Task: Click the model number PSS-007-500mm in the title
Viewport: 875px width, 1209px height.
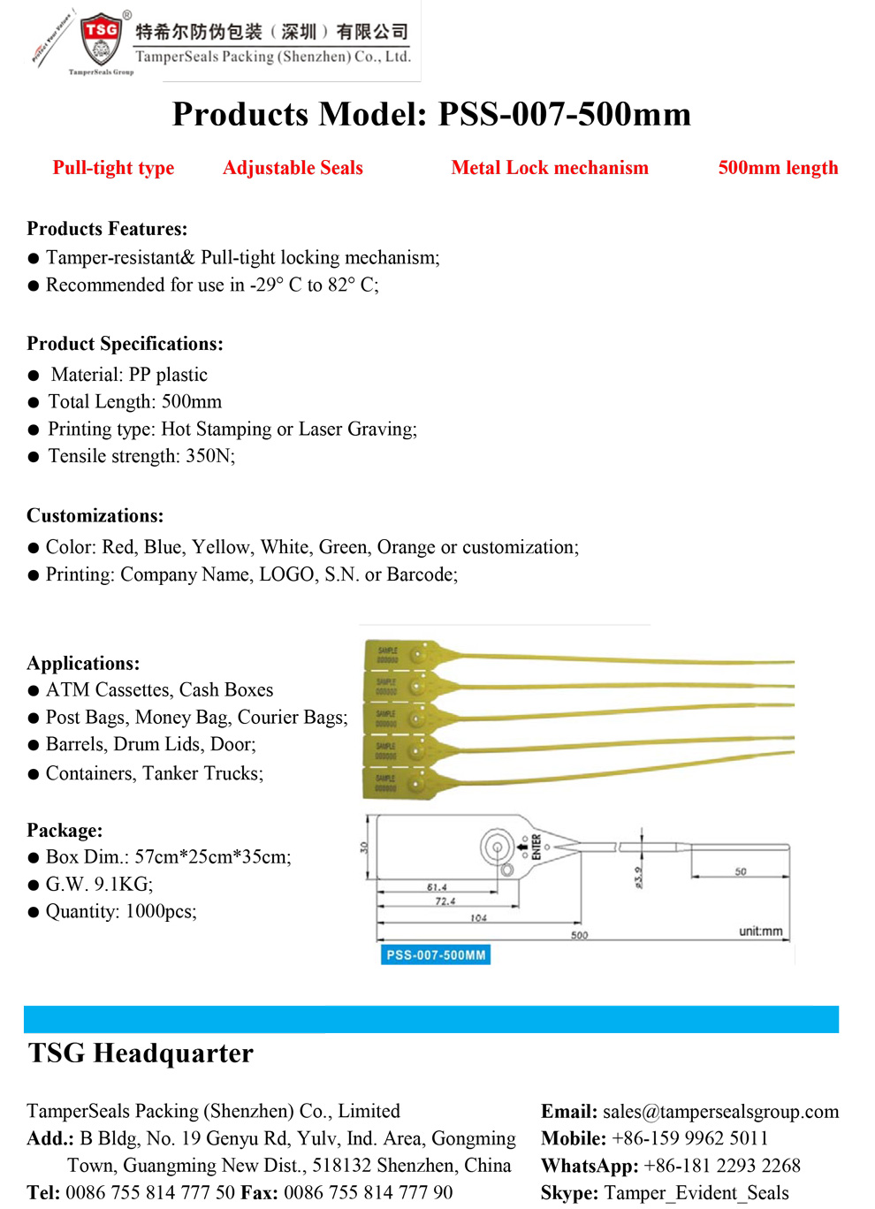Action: [x=565, y=115]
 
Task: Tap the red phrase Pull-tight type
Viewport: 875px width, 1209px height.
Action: [x=113, y=168]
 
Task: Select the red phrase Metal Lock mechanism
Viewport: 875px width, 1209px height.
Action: [x=550, y=168]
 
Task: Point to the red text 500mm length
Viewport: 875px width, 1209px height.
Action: [x=778, y=168]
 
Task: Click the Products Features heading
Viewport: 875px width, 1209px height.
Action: [x=107, y=229]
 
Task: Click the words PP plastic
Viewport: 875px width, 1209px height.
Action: [x=168, y=375]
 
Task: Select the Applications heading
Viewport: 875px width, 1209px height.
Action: [x=83, y=663]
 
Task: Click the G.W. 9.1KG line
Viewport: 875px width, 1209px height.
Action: [x=99, y=885]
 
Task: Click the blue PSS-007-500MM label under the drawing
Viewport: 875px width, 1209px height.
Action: [x=436, y=955]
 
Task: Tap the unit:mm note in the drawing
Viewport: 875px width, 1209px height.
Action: [x=760, y=931]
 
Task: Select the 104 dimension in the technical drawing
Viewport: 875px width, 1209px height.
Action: [x=478, y=918]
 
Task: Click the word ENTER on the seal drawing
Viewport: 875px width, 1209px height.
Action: [x=536, y=847]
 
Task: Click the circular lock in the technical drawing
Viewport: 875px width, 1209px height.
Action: [x=497, y=848]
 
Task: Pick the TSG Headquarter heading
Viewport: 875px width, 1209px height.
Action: [x=141, y=1053]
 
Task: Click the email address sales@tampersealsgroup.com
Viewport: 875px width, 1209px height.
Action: [x=720, y=1112]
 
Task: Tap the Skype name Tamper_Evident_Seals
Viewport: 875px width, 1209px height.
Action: [x=696, y=1193]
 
